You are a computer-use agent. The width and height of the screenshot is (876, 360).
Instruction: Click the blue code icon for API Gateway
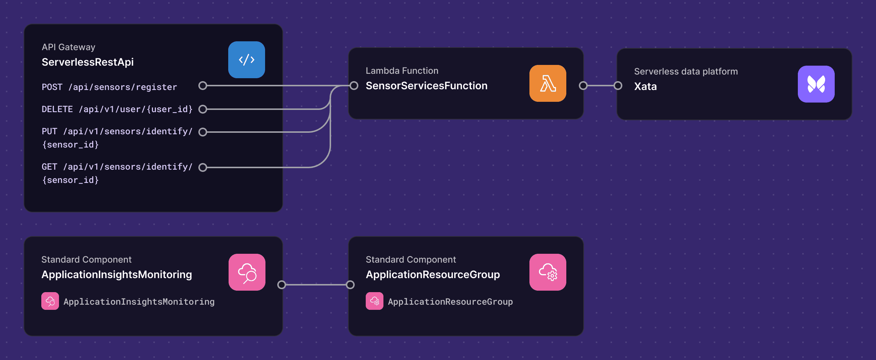[246, 60]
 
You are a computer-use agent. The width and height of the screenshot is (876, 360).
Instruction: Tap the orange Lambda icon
[547, 83]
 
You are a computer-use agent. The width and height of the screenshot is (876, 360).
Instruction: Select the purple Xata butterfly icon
[816, 84]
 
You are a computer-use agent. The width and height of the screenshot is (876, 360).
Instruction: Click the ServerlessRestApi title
[88, 62]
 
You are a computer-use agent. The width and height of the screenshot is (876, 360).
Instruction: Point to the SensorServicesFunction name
[426, 86]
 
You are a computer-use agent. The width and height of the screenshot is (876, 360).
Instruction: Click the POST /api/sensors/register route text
[109, 87]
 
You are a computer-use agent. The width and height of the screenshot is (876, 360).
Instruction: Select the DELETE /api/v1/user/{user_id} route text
[117, 109]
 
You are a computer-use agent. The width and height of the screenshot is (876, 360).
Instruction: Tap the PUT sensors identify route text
[117, 138]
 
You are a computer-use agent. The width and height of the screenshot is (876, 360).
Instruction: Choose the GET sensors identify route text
[117, 173]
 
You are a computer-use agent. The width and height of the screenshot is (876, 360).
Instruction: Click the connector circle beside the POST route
[203, 86]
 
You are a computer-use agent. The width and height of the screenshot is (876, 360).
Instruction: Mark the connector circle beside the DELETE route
[203, 109]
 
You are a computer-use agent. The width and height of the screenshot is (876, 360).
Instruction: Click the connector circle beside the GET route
[203, 167]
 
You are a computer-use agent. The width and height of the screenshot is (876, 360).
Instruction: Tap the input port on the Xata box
[618, 86]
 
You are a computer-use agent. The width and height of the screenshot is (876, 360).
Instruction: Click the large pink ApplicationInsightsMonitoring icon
[247, 272]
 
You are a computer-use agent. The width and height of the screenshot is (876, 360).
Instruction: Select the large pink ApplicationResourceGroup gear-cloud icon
[547, 272]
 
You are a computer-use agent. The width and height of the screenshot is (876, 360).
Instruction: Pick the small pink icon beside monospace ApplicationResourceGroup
[374, 301]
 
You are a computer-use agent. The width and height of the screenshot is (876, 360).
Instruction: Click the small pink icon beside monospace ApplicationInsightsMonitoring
[50, 301]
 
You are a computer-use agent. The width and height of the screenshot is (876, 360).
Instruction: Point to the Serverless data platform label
[686, 72]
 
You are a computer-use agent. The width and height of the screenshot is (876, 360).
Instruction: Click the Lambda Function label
[402, 71]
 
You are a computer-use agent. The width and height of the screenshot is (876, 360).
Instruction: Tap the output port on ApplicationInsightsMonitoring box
[282, 285]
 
